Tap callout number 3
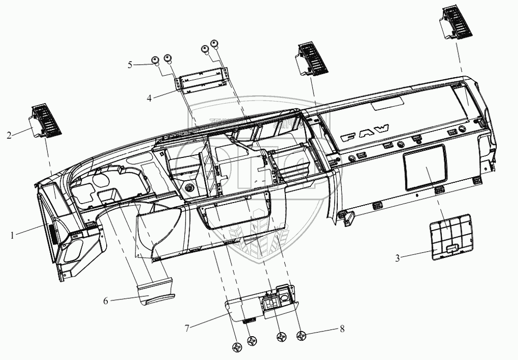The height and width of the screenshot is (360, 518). tap(398, 257)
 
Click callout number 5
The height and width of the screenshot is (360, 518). tap(131, 65)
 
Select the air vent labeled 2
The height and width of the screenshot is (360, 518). tap(47, 120)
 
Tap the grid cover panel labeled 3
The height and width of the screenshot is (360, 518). tap(451, 236)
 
